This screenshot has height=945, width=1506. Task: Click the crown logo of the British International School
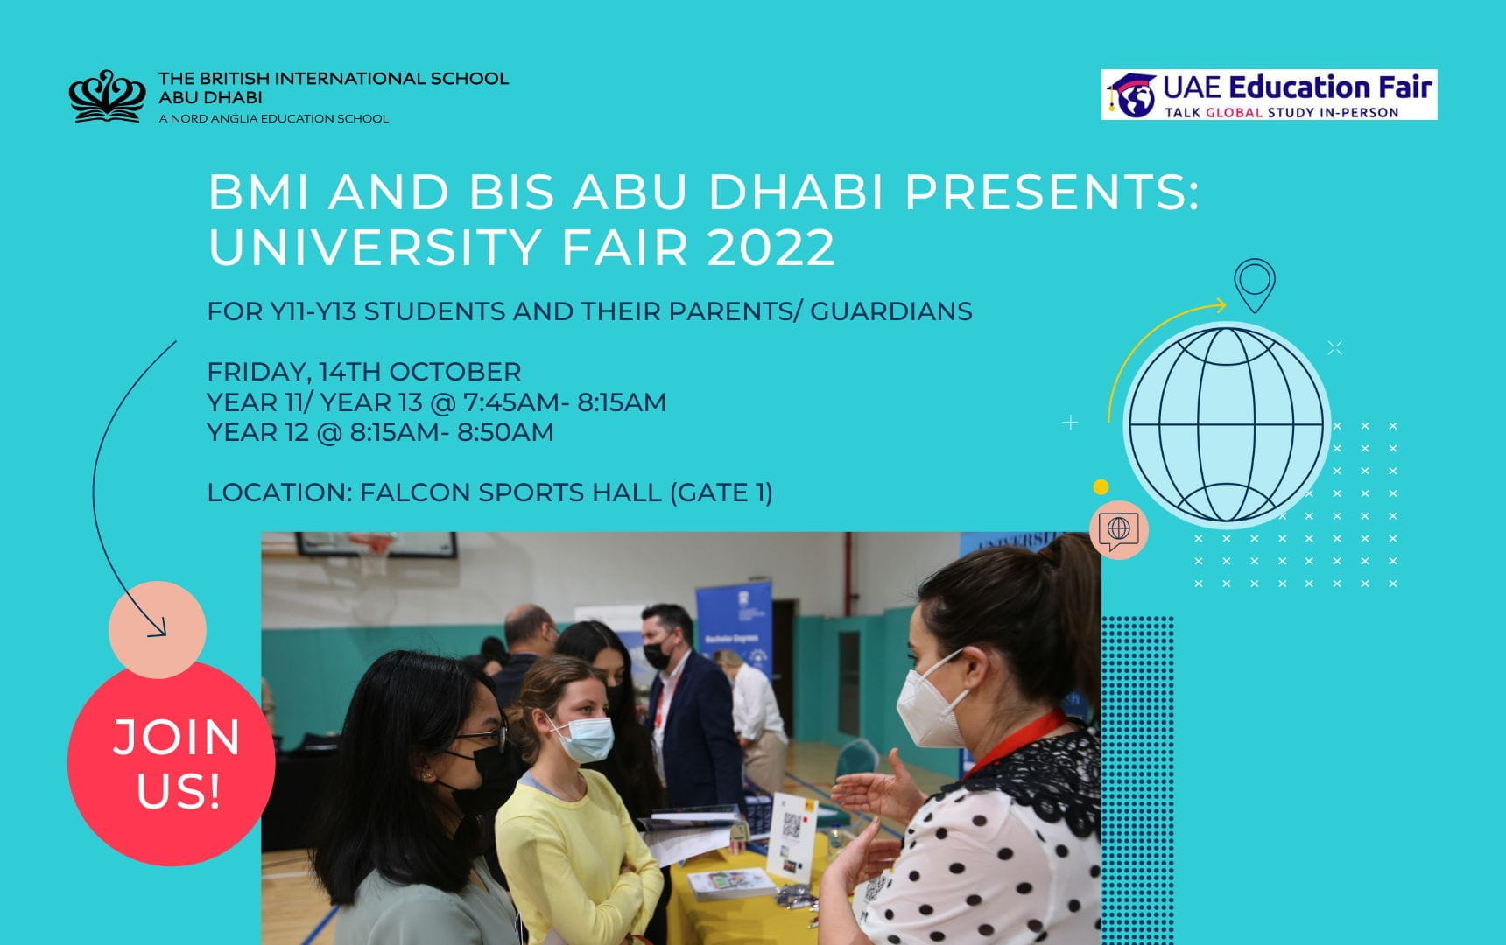point(107,95)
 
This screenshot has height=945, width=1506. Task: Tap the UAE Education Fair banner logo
point(1269,94)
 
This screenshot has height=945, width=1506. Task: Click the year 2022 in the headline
point(771,248)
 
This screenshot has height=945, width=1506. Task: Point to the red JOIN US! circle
point(172,763)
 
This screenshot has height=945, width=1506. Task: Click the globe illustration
point(1226,425)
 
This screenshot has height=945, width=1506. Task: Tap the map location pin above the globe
point(1254,283)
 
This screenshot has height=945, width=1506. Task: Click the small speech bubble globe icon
point(1118,529)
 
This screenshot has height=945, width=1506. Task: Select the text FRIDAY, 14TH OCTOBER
point(363,372)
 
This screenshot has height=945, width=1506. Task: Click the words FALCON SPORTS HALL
point(510,493)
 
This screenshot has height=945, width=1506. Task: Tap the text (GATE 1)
point(721,493)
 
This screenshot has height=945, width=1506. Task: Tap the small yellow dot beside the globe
point(1101,487)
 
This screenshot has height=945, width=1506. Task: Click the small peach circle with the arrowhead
point(158,629)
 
